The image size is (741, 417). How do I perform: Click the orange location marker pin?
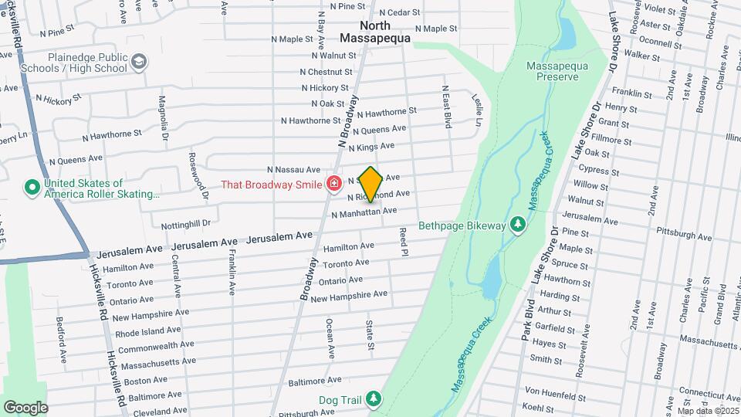coord(370,184)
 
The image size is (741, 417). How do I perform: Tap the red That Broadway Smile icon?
coord(333,184)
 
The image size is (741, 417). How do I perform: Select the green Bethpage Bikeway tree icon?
coord(518,225)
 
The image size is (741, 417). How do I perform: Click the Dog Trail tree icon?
coord(374,399)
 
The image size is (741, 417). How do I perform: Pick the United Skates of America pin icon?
coord(32,188)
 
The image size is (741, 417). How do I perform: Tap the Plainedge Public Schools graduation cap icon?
coord(139,62)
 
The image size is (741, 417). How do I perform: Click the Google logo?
coord(25,407)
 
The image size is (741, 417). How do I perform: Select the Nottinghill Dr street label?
coord(185,224)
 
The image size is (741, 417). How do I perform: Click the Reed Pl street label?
coord(403,242)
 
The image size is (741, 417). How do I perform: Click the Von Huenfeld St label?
coord(553,390)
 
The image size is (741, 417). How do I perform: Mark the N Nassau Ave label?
coord(293,170)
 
